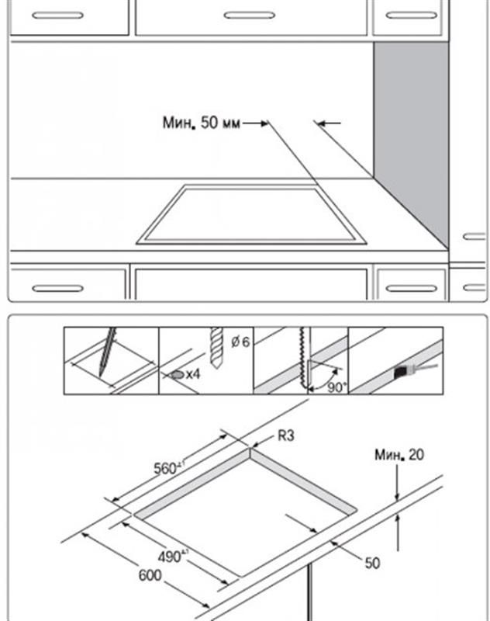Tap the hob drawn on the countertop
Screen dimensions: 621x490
point(250,214)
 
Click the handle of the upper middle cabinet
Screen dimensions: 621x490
point(250,15)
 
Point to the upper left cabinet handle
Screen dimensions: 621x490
point(57,15)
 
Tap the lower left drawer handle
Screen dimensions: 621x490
point(57,288)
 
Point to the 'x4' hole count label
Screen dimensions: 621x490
point(192,374)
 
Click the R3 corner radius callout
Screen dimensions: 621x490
point(286,437)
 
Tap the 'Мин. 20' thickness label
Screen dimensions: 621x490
point(399,456)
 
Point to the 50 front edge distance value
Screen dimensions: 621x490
point(372,563)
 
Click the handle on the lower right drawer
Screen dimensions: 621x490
point(411,288)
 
